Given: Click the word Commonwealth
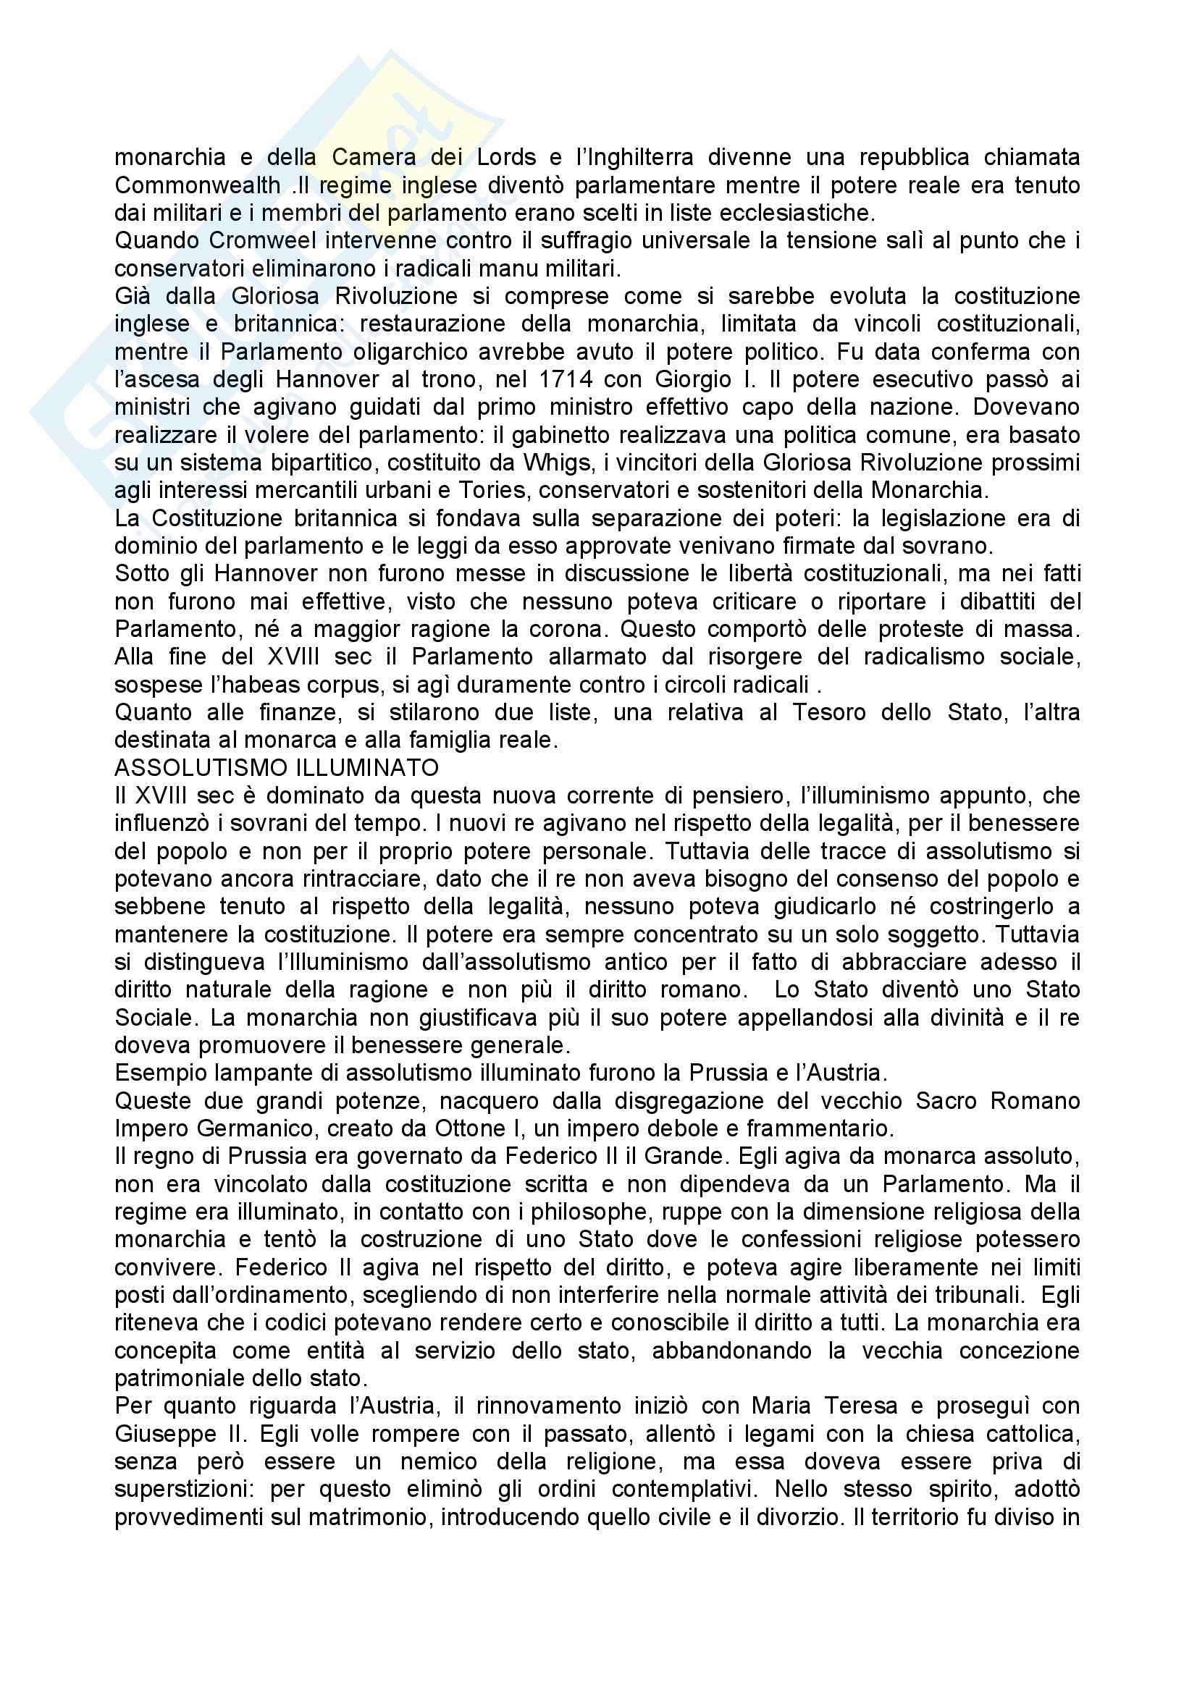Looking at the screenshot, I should [197, 185].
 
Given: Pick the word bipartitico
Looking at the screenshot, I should [319, 463].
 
